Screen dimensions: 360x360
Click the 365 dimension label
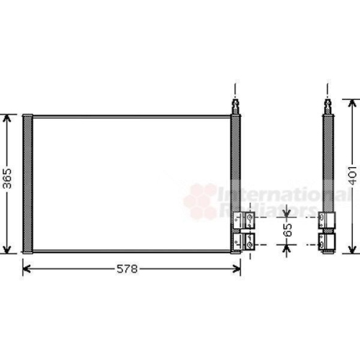(x=8, y=179)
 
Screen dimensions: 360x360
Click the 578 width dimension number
(x=127, y=269)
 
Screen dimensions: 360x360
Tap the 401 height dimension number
(x=353, y=175)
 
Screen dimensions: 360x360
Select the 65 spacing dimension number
(x=287, y=230)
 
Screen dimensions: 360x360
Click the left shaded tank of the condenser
(x=27, y=184)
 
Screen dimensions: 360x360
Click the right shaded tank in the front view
(x=235, y=163)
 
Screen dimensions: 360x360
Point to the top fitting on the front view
(x=235, y=107)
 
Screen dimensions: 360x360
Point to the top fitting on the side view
(x=328, y=107)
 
